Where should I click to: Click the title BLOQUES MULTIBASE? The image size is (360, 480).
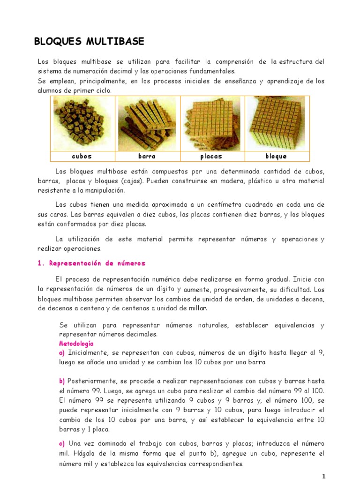[x=89, y=42]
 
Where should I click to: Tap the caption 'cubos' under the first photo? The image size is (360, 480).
[x=82, y=156]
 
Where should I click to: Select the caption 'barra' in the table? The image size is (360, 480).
[x=147, y=156]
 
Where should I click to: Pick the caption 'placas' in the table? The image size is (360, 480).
[x=211, y=156]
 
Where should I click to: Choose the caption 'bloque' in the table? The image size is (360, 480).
[x=276, y=156]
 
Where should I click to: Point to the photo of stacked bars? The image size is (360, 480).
[x=147, y=123]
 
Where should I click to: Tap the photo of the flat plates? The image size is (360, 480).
[x=211, y=123]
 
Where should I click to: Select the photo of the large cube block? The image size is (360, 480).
[x=276, y=123]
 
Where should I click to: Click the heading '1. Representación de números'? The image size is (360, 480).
[x=91, y=263]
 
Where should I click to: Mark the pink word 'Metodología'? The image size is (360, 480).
[x=76, y=344]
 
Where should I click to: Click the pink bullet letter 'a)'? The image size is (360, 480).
[x=62, y=352]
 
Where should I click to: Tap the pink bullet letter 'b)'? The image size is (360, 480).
[x=62, y=381]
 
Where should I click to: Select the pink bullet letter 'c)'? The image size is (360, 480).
[x=62, y=443]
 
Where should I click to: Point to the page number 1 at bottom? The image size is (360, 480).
[x=323, y=476]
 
